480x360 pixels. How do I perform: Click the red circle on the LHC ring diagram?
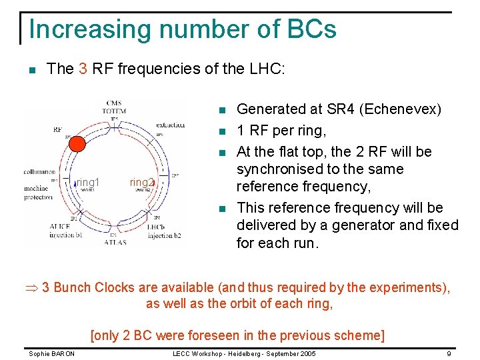click(78, 144)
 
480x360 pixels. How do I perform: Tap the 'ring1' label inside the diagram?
click(88, 182)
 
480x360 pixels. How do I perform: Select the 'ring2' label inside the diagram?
click(142, 182)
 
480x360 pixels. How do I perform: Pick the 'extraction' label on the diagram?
click(171, 125)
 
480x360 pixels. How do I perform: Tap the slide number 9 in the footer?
click(449, 352)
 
